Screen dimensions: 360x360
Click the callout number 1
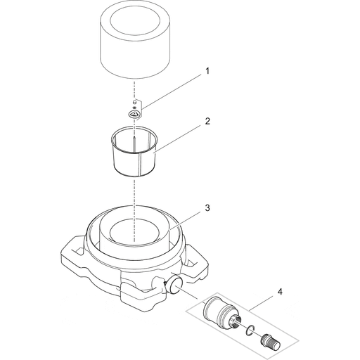coord(207,71)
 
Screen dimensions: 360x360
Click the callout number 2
coord(207,122)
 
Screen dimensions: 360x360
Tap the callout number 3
coord(207,208)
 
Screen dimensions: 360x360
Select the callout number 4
coord(280,292)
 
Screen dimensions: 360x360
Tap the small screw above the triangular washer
coord(134,102)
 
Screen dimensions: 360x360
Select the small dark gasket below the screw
coord(134,108)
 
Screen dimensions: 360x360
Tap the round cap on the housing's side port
coord(176,284)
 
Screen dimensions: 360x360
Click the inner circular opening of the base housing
coord(134,231)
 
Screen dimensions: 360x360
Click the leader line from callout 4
coord(261,303)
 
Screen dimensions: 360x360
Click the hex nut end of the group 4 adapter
coord(234,321)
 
